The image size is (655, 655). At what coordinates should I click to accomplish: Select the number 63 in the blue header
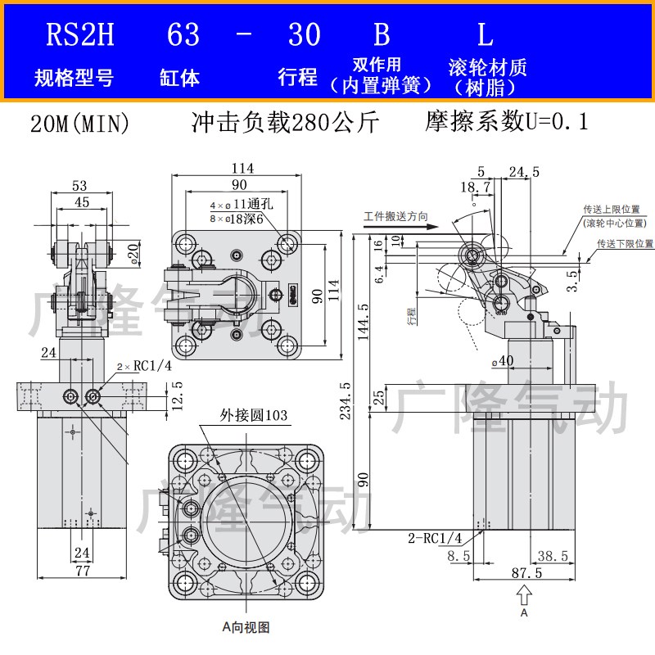(x=183, y=34)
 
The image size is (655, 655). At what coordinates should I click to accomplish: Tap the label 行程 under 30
(x=298, y=78)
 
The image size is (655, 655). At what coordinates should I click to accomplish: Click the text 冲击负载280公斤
(x=285, y=123)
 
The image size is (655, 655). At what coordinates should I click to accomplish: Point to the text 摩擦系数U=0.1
(x=507, y=123)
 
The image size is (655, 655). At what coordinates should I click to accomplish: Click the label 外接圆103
(x=253, y=416)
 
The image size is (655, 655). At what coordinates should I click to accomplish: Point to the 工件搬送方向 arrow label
(x=396, y=217)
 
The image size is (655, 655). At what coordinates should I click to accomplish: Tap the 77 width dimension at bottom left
(x=81, y=571)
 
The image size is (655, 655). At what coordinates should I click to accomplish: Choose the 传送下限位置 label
(x=624, y=243)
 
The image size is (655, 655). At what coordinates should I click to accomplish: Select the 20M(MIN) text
(x=80, y=124)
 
